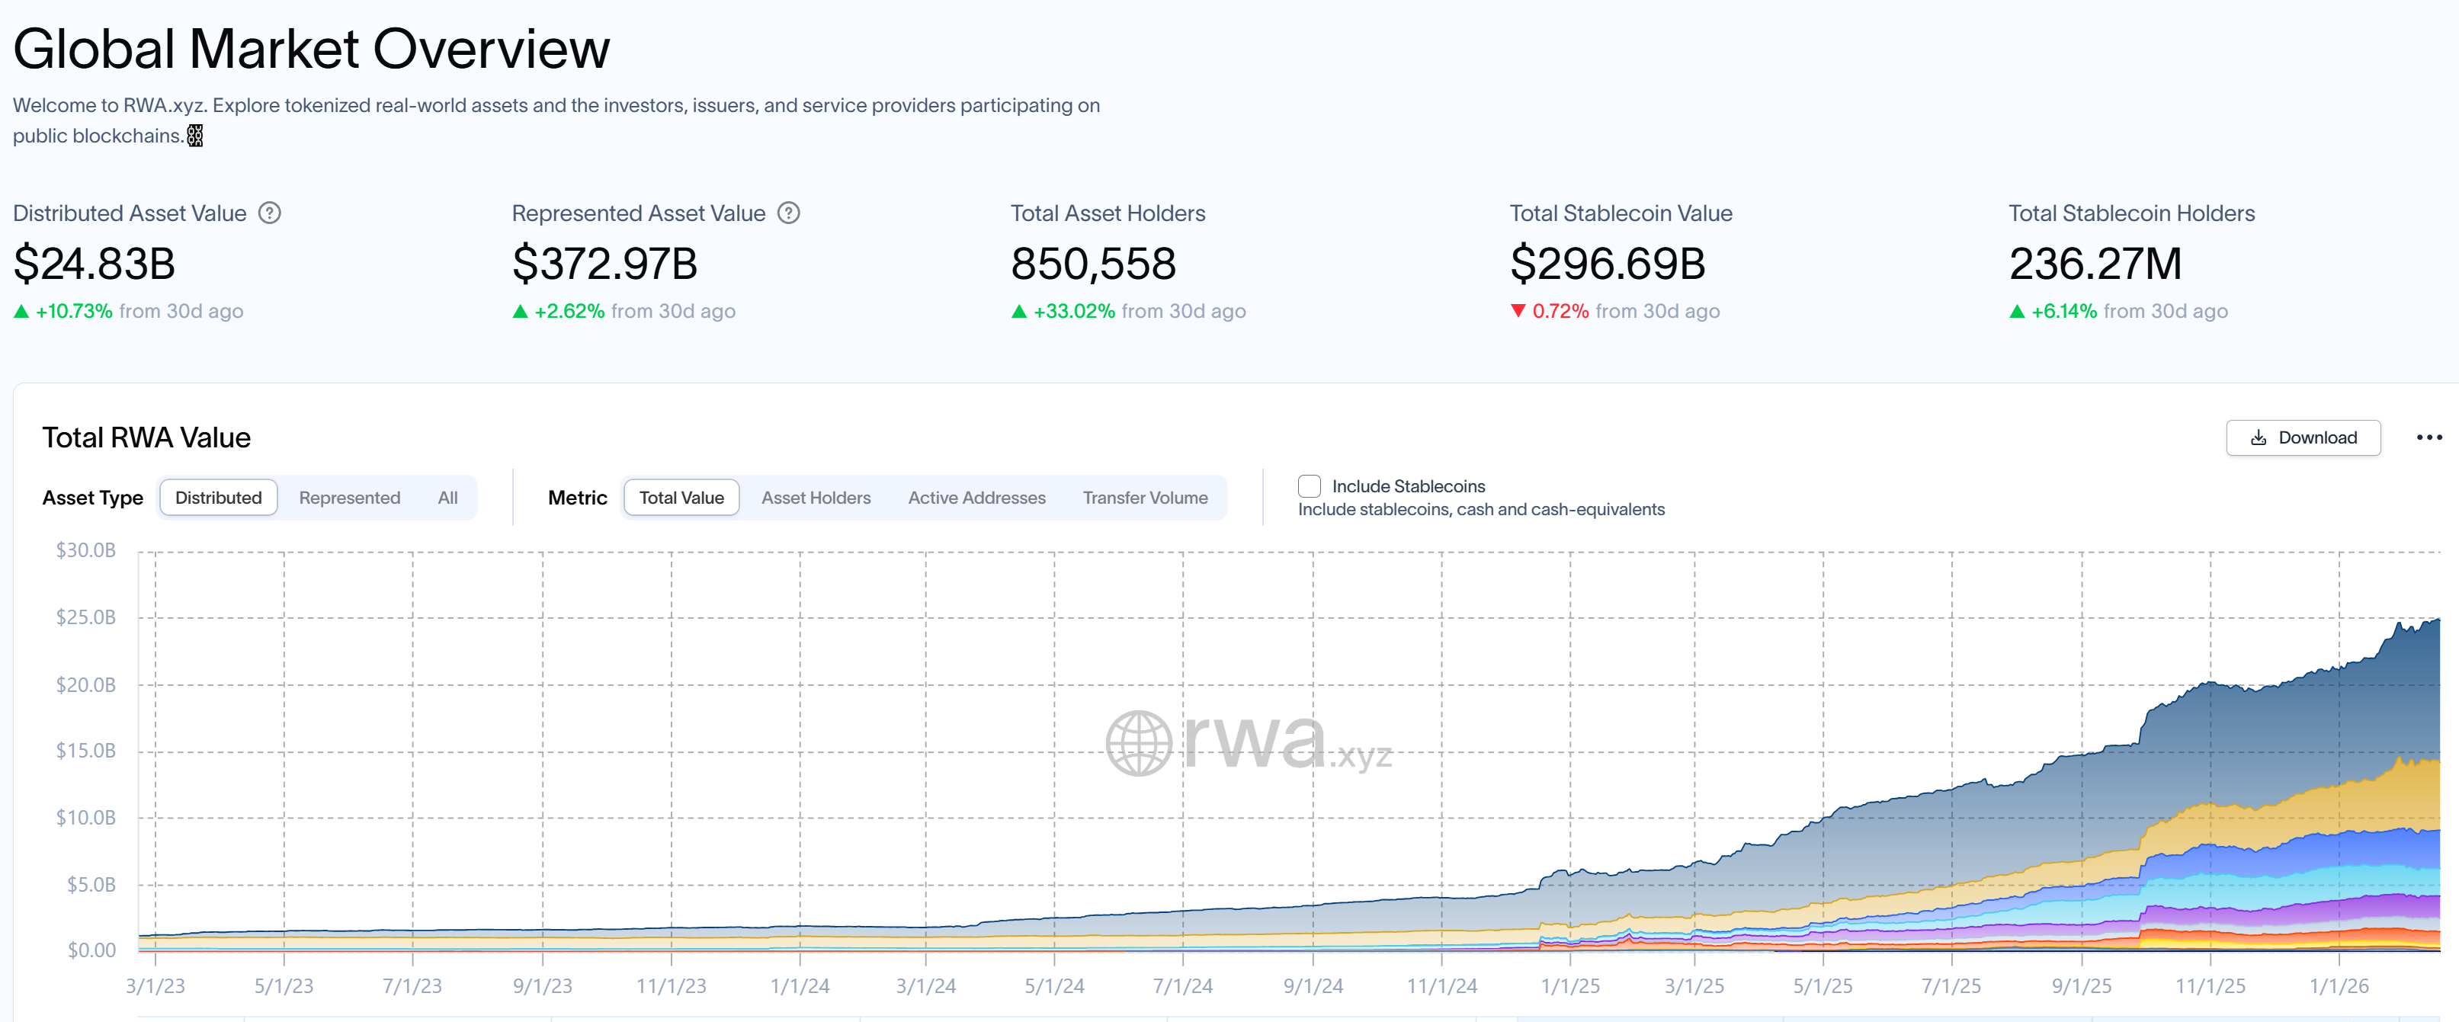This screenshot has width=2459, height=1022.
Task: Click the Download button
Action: tap(2303, 438)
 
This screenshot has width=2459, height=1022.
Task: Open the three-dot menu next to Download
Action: tap(2429, 438)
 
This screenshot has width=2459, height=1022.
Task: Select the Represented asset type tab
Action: tap(349, 498)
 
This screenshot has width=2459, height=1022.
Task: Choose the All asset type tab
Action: tap(447, 498)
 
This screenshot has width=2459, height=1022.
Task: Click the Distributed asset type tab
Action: tap(219, 498)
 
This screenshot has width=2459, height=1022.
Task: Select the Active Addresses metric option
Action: tap(976, 498)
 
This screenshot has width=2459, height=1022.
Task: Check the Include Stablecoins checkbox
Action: tap(1309, 487)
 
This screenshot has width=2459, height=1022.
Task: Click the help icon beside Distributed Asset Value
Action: tap(270, 213)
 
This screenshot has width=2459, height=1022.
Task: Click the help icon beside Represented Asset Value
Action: tap(788, 213)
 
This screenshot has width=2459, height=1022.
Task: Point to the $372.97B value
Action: tap(604, 264)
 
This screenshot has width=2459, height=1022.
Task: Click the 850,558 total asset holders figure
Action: tap(1093, 264)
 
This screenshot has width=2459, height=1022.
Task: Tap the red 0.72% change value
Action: tap(1560, 311)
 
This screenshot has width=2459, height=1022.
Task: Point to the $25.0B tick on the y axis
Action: tap(86, 617)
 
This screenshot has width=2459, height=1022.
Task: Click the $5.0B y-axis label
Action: tap(91, 885)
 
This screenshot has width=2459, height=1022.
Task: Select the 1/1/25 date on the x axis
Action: tap(1569, 985)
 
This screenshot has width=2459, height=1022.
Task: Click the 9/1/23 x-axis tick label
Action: tap(542, 985)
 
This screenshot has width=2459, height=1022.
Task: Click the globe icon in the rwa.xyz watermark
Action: tap(1139, 743)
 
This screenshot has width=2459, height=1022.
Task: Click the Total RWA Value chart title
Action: tap(146, 438)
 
